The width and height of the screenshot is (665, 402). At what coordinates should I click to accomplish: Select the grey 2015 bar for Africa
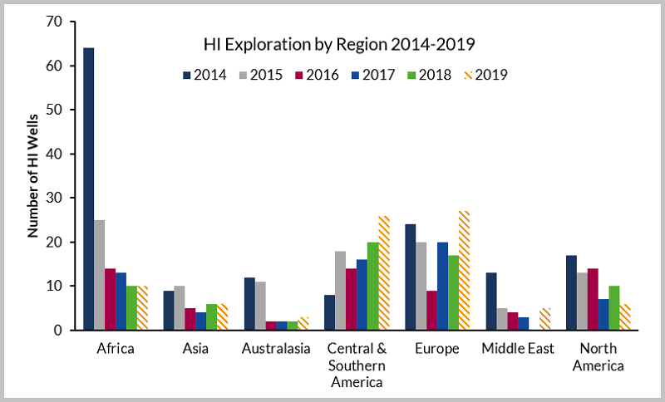(99, 275)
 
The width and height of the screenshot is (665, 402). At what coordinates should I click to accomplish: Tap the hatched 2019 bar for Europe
(463, 271)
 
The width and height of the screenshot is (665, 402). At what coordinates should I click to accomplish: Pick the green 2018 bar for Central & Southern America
(372, 286)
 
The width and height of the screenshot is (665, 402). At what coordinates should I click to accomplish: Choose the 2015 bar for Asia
(179, 308)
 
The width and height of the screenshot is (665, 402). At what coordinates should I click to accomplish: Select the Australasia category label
(275, 349)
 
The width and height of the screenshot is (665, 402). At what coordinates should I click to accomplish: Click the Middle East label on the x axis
(517, 349)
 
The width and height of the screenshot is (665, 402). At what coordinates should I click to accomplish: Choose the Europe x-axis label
(436, 349)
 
